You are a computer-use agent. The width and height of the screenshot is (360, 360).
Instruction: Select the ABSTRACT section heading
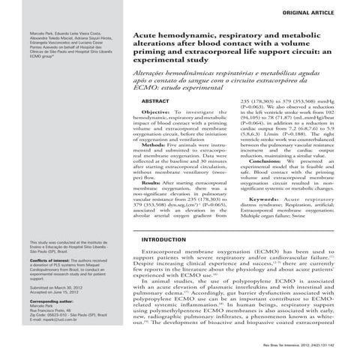point(154,100)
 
